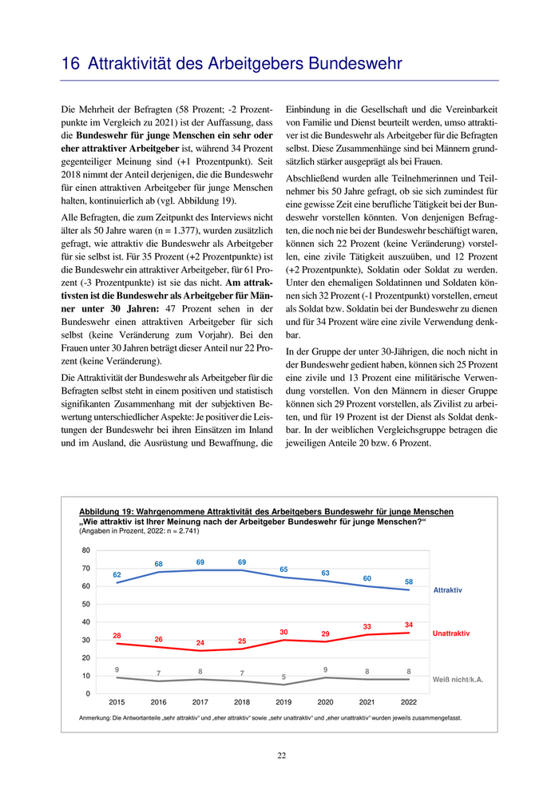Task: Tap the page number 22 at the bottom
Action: click(x=281, y=756)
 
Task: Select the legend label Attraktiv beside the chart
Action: click(x=447, y=590)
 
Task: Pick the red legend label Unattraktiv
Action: click(x=451, y=633)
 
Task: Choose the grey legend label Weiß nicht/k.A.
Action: click(x=458, y=679)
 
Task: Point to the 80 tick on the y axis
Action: click(x=86, y=550)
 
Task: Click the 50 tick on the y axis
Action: click(x=86, y=604)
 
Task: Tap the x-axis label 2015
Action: click(x=117, y=702)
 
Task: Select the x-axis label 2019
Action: click(x=283, y=702)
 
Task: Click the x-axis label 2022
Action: click(x=408, y=702)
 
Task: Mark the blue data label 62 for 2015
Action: click(x=117, y=575)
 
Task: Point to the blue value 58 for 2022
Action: click(x=409, y=582)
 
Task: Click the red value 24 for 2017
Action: click(x=200, y=642)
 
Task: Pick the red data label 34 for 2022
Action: click(x=409, y=625)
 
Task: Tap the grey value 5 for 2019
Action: click(x=283, y=677)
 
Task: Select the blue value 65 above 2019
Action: click(x=283, y=569)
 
